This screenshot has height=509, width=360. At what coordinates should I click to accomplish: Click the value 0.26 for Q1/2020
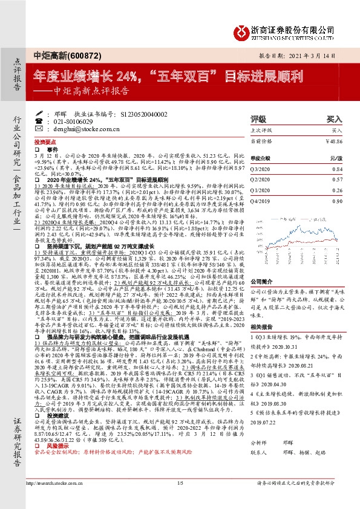338,190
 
